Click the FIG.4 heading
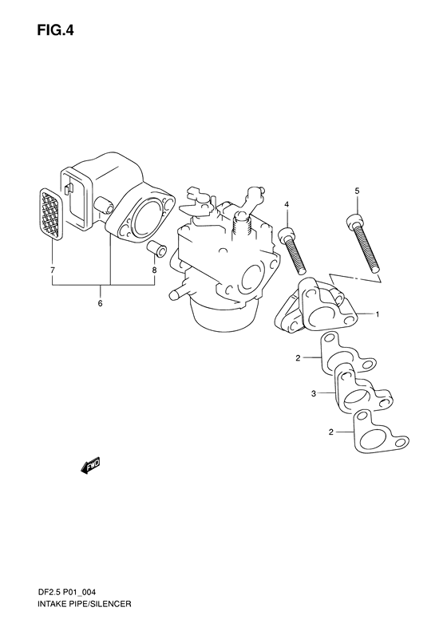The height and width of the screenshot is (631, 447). pos(56,30)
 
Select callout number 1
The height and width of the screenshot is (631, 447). pos(378,314)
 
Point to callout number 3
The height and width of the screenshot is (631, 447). pos(314,394)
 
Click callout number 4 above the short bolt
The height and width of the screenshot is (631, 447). pos(287,205)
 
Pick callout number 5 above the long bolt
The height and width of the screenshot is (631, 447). pos(357,191)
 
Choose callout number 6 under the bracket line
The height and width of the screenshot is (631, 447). pos(100,303)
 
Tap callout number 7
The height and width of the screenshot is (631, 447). pos(53,270)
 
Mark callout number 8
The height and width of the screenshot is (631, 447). pos(154,270)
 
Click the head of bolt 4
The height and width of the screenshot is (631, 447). pos(286,235)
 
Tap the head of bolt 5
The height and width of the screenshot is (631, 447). pos(354,221)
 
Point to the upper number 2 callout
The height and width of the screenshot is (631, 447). pos(298,357)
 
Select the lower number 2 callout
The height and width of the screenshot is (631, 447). pos(331,432)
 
